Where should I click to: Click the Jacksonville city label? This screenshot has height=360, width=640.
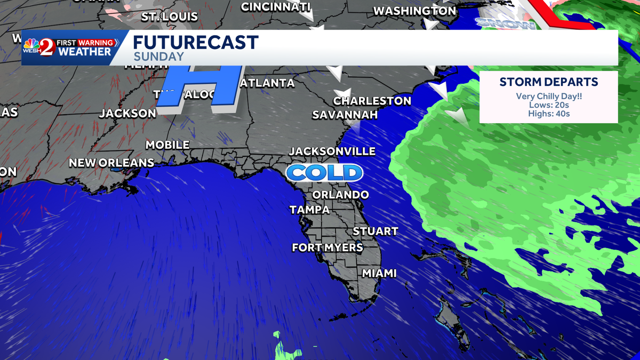point(332,151)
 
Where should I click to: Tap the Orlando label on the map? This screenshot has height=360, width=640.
point(340,195)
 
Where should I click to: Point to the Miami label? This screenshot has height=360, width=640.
point(379,273)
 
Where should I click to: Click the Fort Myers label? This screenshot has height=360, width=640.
point(327,247)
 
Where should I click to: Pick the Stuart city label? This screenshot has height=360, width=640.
point(375,231)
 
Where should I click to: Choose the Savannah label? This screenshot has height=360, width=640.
point(345,115)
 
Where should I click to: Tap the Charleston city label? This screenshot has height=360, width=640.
point(372,101)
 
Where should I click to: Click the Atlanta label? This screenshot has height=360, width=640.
point(268,83)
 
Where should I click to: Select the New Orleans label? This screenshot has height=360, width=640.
point(111,163)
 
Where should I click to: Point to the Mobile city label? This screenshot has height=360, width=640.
point(167,145)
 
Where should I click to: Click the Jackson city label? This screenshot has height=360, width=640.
point(127,113)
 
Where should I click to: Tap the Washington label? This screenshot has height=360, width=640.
point(414,11)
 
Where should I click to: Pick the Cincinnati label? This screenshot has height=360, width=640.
point(275,7)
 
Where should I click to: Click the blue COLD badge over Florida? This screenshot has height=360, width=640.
point(324,173)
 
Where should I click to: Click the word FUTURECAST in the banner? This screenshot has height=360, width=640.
point(195,43)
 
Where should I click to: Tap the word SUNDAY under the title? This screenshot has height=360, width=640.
point(158,57)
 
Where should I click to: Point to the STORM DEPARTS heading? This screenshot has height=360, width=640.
point(548,82)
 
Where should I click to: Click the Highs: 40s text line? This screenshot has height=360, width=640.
point(548,114)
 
